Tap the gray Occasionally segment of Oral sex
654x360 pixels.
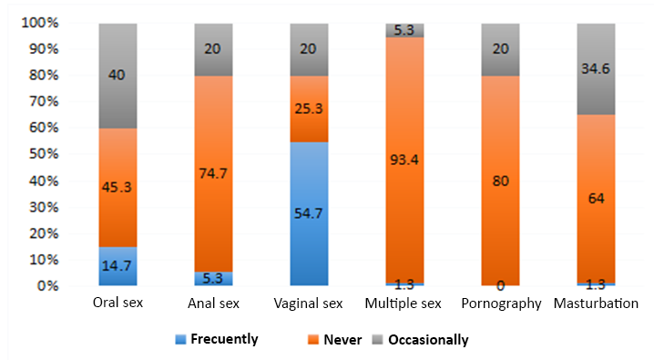117,55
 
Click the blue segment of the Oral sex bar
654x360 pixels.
117,266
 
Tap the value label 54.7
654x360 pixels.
309,213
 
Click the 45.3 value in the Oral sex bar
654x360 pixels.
117,190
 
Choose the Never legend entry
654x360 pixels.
342,340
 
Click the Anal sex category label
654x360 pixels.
213,303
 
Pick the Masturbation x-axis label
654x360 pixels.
596,303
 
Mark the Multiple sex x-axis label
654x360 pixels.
404,303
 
